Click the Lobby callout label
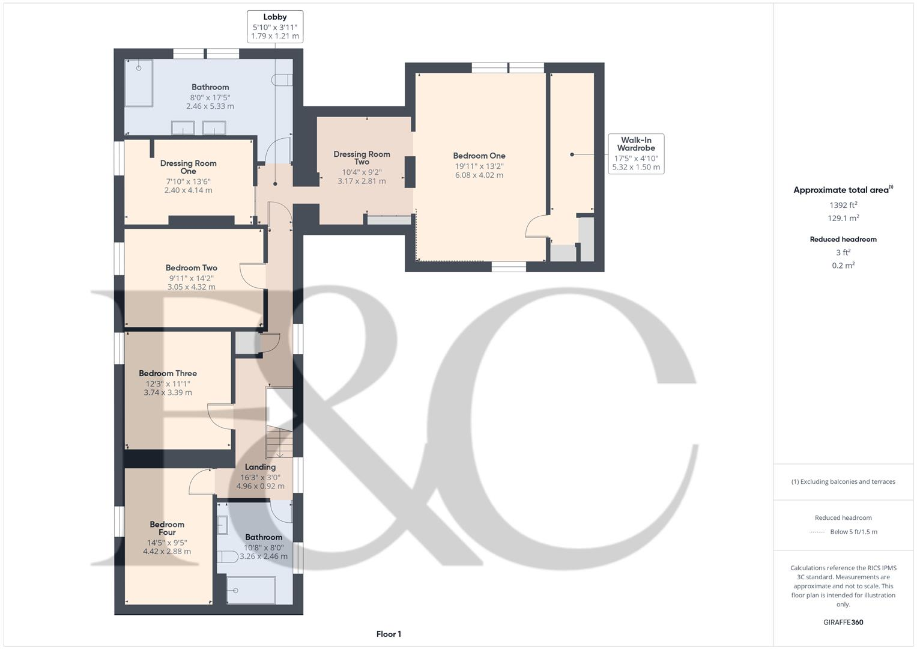pyautogui.click(x=274, y=26)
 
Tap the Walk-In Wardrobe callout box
pyautogui.click(x=635, y=154)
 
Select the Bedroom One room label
pyautogui.click(x=479, y=156)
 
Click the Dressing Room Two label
pyautogui.click(x=362, y=158)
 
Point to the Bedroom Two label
pyautogui.click(x=192, y=268)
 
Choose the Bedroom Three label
pyautogui.click(x=168, y=373)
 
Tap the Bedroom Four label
pyautogui.click(x=167, y=528)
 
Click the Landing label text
pyautogui.click(x=260, y=467)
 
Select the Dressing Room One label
pyautogui.click(x=188, y=167)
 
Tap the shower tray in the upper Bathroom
pyautogui.click(x=139, y=82)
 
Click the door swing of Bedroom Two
pyautogui.click(x=251, y=276)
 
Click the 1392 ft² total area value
pyautogui.click(x=843, y=205)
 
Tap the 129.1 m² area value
pyautogui.click(x=843, y=218)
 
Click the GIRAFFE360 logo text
pyautogui.click(x=843, y=622)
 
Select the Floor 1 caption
pyautogui.click(x=389, y=634)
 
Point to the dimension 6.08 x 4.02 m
pyautogui.click(x=479, y=175)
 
